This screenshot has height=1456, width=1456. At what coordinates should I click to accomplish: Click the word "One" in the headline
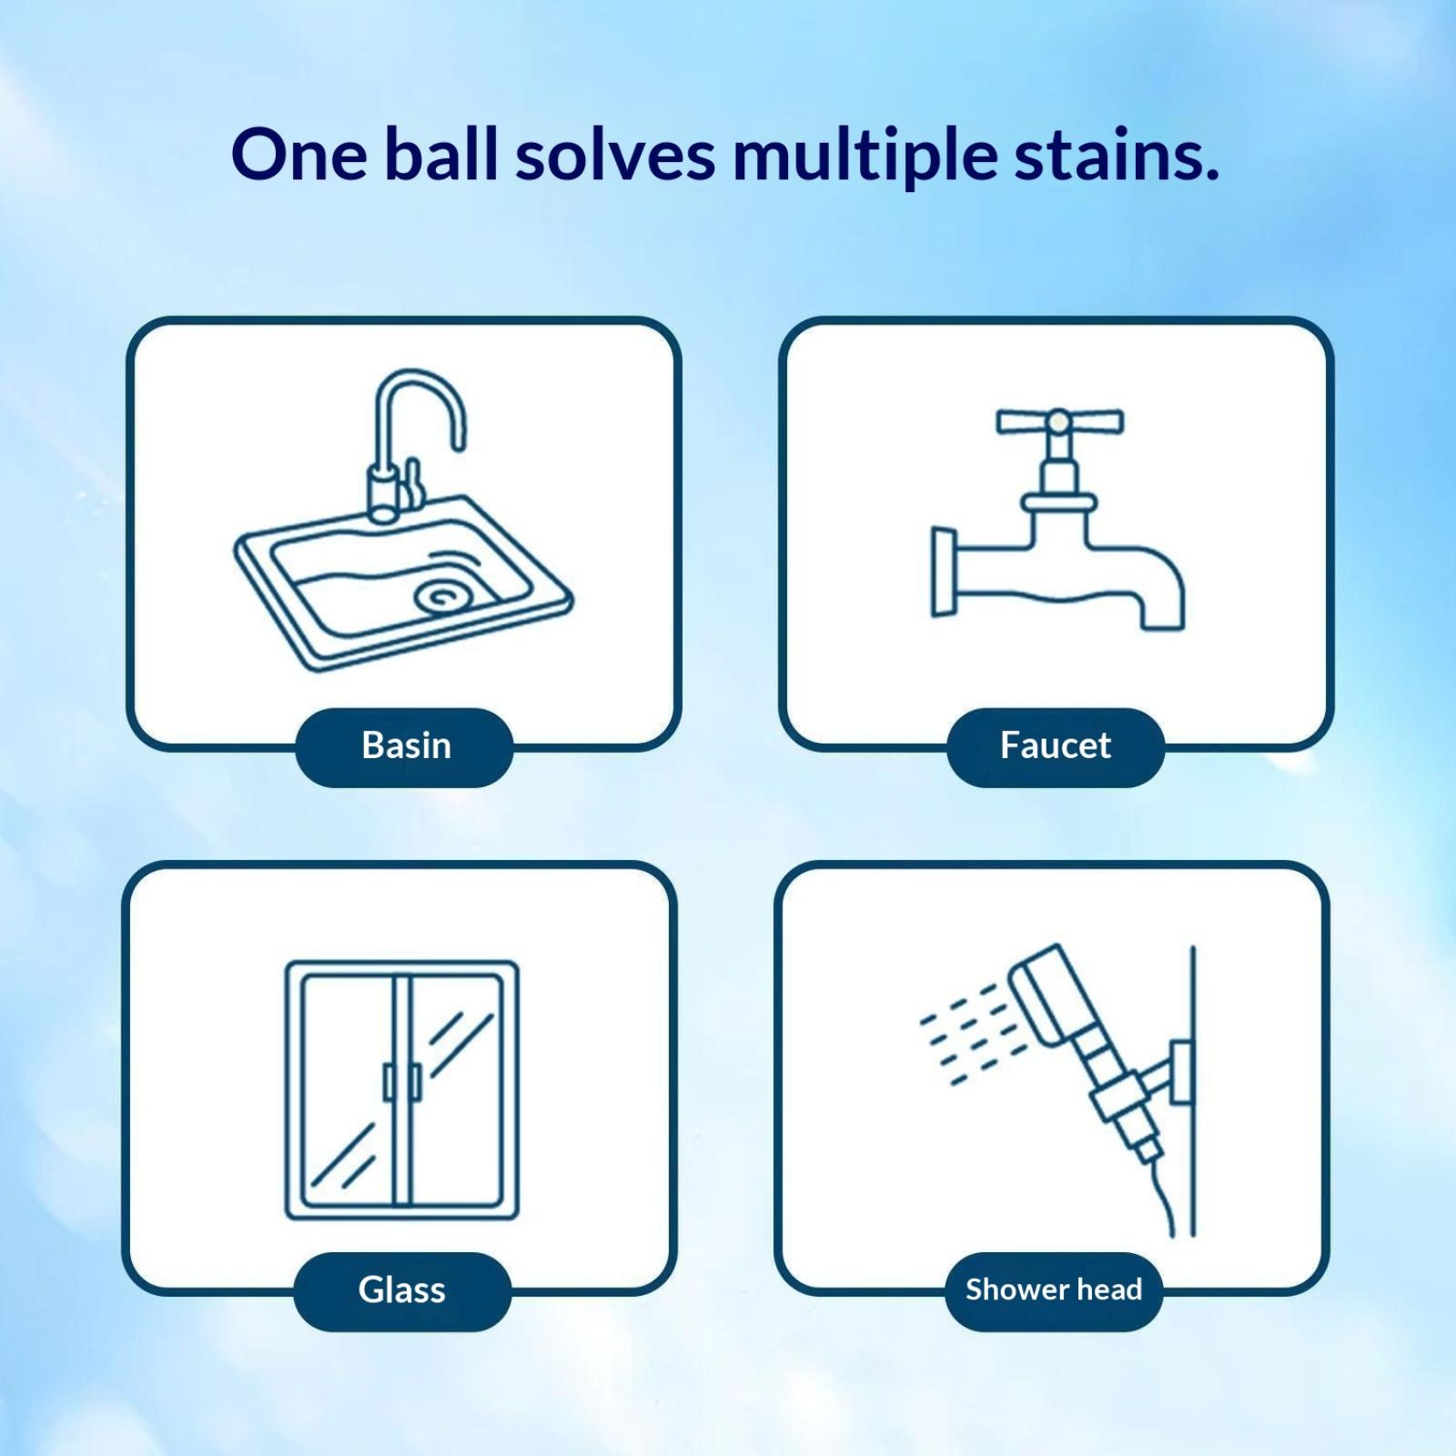(299, 155)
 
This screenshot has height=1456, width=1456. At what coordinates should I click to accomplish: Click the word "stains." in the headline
(1117, 155)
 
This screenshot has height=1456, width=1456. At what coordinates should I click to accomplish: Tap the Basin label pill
(404, 746)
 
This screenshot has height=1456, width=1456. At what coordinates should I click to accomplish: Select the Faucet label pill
(1056, 746)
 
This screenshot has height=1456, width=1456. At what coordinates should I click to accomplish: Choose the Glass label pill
(402, 1290)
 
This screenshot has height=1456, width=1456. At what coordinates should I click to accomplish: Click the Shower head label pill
(1054, 1290)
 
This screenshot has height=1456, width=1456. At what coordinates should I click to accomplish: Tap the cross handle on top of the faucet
(1059, 422)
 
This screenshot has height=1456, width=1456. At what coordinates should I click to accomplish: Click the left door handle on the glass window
(389, 1082)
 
